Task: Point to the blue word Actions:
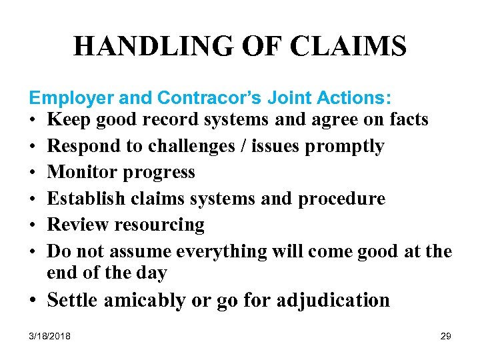[355, 98]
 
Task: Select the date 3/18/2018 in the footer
[50, 337]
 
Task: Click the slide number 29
[445, 337]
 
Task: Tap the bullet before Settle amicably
[33, 301]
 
